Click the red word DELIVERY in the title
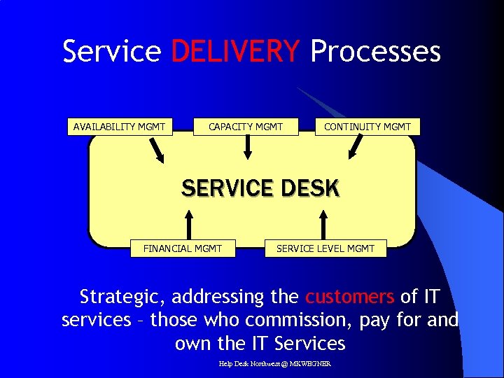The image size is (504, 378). pyautogui.click(x=235, y=52)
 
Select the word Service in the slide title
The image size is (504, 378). pyautogui.click(x=112, y=52)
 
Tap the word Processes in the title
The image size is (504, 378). pyautogui.click(x=375, y=52)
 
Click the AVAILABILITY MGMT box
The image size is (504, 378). pyautogui.click(x=120, y=127)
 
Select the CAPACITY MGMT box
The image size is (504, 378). pyautogui.click(x=246, y=127)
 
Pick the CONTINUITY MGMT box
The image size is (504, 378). pyautogui.click(x=367, y=127)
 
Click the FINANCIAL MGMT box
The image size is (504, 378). pyautogui.click(x=182, y=248)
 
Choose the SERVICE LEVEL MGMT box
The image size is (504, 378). pyautogui.click(x=325, y=248)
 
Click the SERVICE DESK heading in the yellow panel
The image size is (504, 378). pyautogui.click(x=260, y=188)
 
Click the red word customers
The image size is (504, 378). pyautogui.click(x=349, y=297)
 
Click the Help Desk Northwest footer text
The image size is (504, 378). pyautogui.click(x=274, y=363)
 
